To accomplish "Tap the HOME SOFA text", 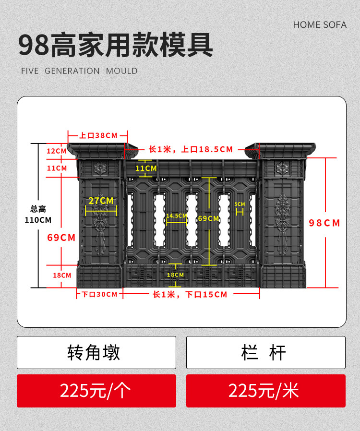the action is coord(319,24).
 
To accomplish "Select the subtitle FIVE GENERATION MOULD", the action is coord(79,71).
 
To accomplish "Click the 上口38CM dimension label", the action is coord(98,135).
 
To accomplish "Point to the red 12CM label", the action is coord(57,151).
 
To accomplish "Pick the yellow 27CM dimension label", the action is coord(101,201).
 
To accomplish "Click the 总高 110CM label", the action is coord(38,215).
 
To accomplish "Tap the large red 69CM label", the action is coord(61,238).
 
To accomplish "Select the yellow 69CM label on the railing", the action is coord(208,218).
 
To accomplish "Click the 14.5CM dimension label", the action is coord(177,216).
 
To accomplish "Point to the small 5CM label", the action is coord(240,204).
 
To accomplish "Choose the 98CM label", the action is coord(324,223).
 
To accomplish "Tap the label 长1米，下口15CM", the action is coord(190,294).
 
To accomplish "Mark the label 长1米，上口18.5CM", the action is coord(191,149).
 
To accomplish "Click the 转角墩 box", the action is coord(96,353).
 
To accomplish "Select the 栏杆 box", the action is coord(265,353).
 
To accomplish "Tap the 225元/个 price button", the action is coord(96,391).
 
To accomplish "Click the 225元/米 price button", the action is coord(265,391).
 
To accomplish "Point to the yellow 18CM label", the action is coord(175,275).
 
